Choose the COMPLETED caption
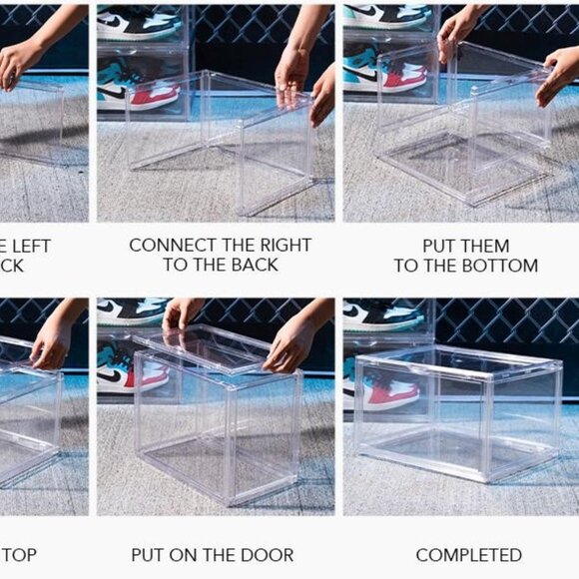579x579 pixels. pyautogui.click(x=468, y=554)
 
